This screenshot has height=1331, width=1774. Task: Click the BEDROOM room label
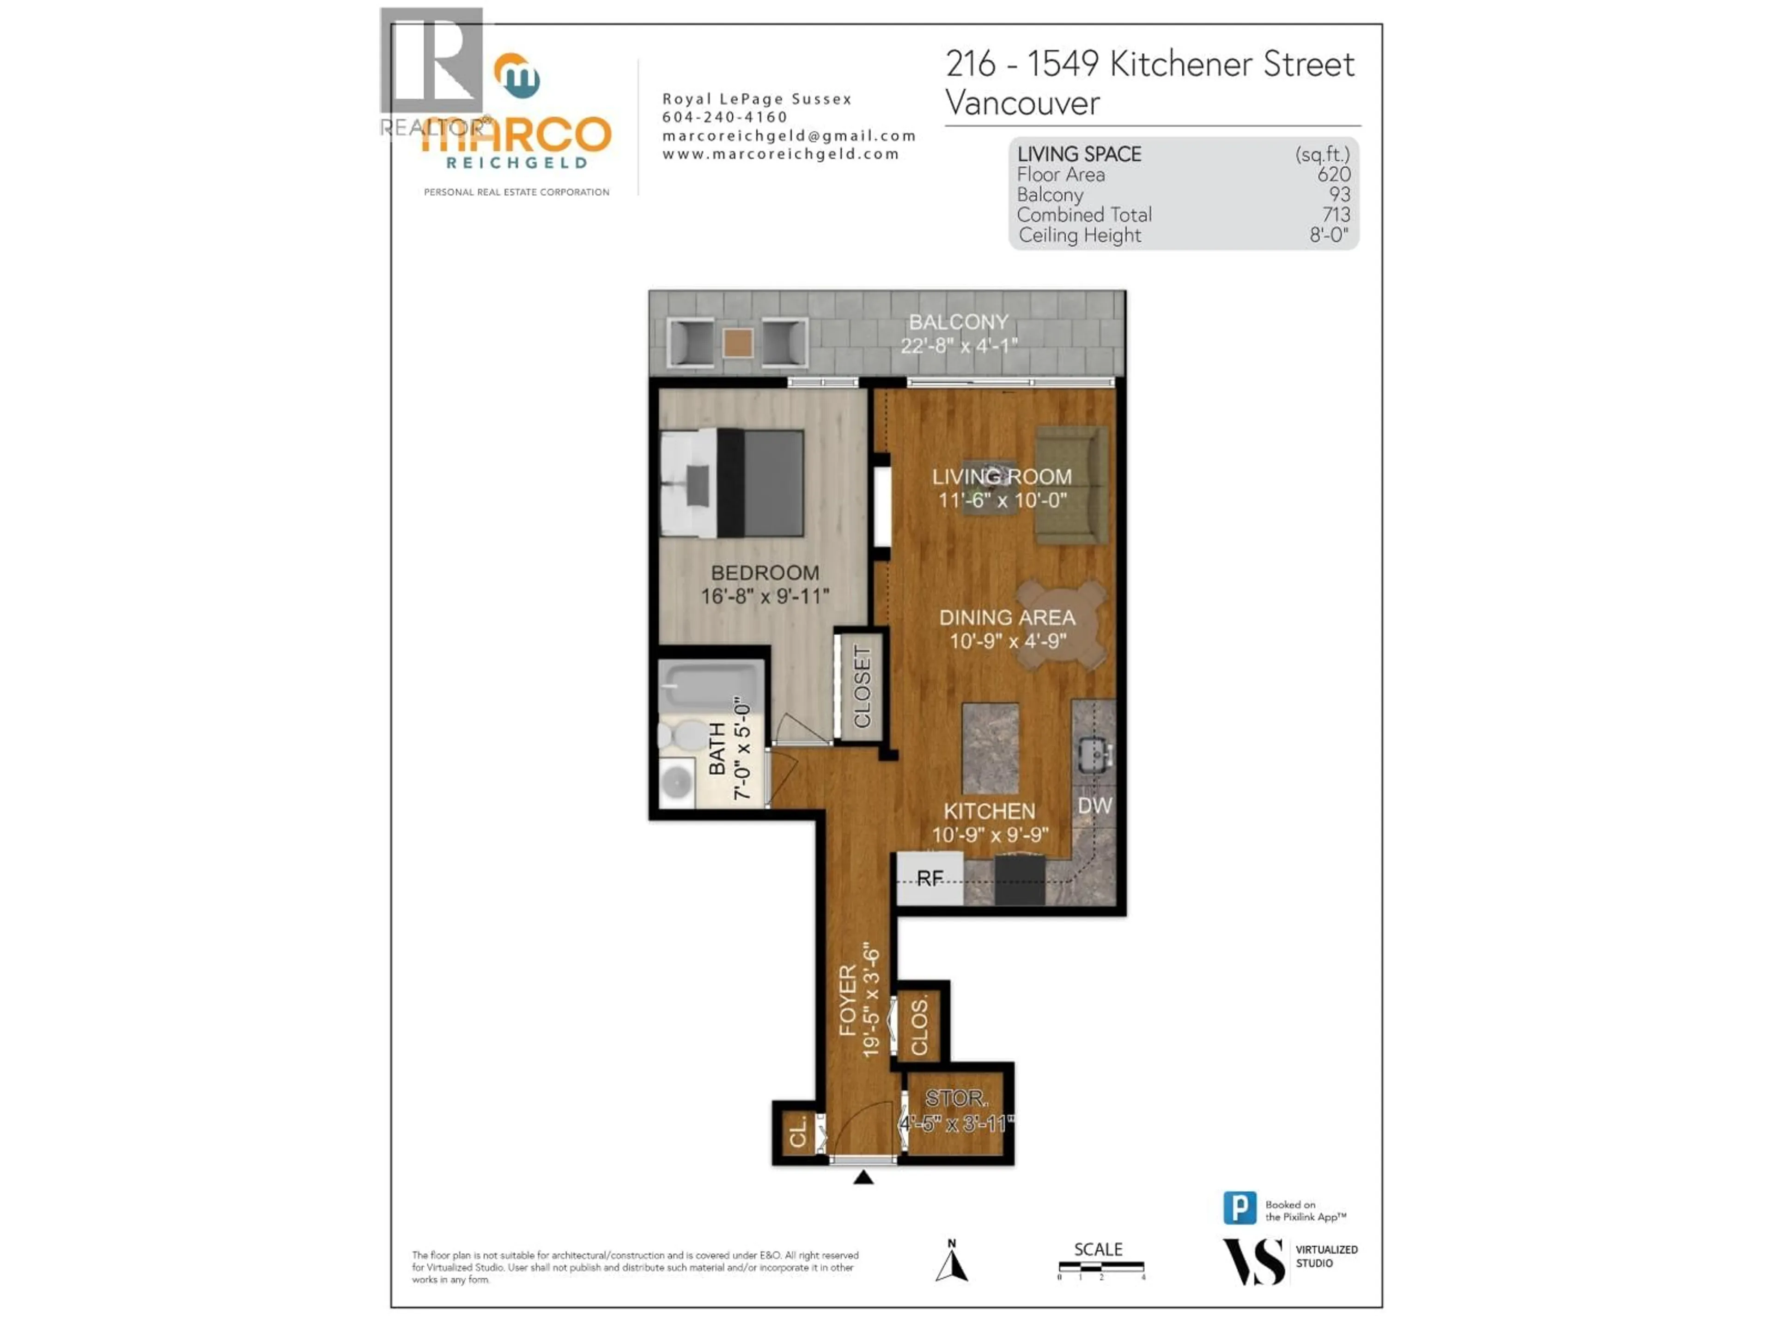click(765, 573)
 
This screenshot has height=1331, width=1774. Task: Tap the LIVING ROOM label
click(1002, 476)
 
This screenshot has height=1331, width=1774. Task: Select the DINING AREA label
click(1007, 618)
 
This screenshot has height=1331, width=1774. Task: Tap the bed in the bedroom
click(731, 483)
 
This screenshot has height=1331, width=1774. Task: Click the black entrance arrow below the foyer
click(863, 1177)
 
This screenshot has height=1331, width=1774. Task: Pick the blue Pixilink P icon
click(1239, 1208)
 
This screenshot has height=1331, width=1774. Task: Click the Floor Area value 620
click(1334, 174)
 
